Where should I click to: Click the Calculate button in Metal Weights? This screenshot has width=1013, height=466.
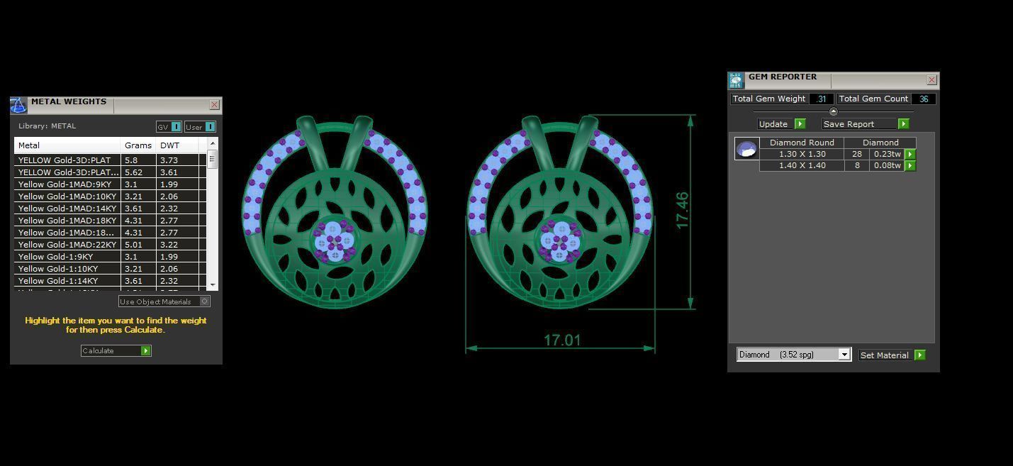pyautogui.click(x=116, y=350)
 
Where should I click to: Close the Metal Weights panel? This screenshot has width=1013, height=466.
pyautogui.click(x=214, y=104)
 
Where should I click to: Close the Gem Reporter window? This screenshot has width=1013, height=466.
pyautogui.click(x=931, y=79)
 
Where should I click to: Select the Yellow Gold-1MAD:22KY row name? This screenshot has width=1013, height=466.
pyautogui.click(x=67, y=245)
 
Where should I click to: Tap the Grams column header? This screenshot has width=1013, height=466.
pyautogui.click(x=138, y=145)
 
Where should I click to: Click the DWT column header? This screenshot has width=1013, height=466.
pyautogui.click(x=169, y=145)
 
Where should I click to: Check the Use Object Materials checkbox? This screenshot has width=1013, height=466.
pyautogui.click(x=204, y=301)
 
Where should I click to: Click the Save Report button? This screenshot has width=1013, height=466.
pyautogui.click(x=865, y=124)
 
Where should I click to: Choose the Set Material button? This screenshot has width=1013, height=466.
pyautogui.click(x=892, y=355)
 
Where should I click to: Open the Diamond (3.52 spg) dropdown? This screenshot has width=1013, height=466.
pyautogui.click(x=844, y=355)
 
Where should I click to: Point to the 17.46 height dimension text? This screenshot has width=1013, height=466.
pyautogui.click(x=682, y=210)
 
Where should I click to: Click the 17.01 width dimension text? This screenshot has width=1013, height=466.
pyautogui.click(x=561, y=340)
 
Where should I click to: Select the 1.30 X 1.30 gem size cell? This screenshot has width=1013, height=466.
pyautogui.click(x=802, y=154)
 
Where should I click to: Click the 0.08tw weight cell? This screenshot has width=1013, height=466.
pyautogui.click(x=887, y=166)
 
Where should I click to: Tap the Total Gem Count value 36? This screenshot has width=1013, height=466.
pyautogui.click(x=923, y=99)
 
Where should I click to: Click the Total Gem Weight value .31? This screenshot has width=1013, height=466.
pyautogui.click(x=821, y=99)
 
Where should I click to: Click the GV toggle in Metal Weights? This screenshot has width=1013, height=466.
pyautogui.click(x=169, y=127)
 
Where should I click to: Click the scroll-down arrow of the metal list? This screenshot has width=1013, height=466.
pyautogui.click(x=213, y=284)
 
